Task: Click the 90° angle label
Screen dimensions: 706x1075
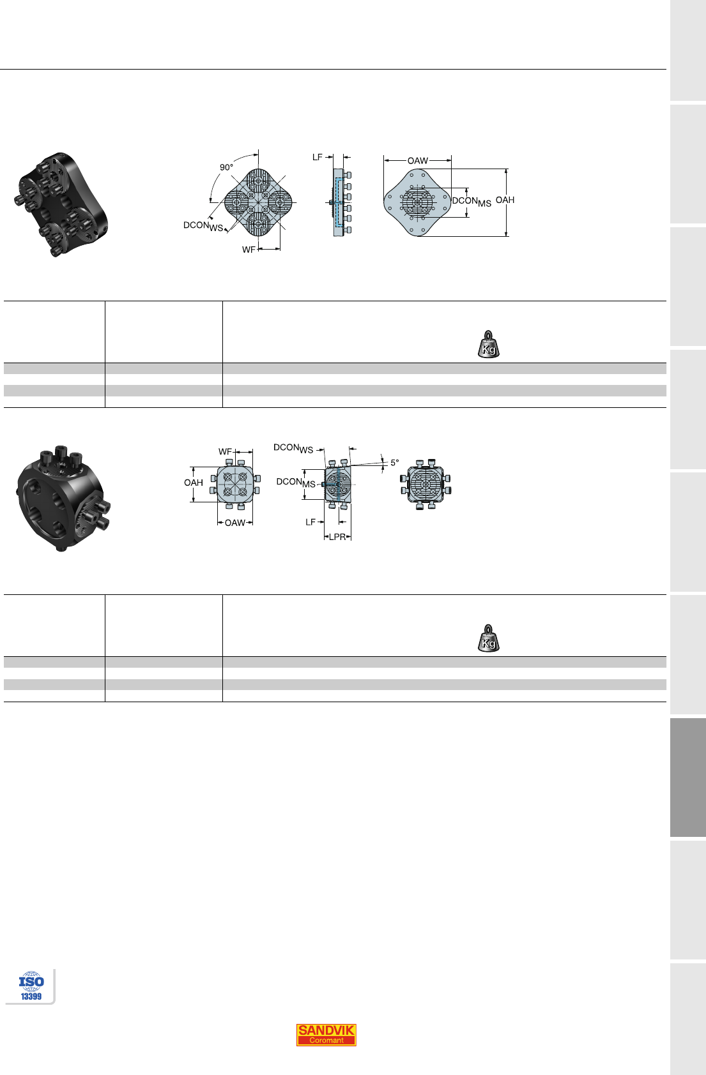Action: pyautogui.click(x=226, y=167)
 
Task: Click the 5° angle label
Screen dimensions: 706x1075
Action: pyautogui.click(x=394, y=463)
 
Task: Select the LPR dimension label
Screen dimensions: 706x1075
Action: pyautogui.click(x=337, y=537)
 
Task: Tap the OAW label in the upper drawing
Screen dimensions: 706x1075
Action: pyautogui.click(x=417, y=161)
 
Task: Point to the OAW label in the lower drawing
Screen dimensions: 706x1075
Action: pyautogui.click(x=235, y=523)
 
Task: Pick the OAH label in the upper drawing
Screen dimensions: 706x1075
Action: pyautogui.click(x=505, y=200)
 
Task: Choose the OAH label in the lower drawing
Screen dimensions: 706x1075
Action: pyautogui.click(x=194, y=483)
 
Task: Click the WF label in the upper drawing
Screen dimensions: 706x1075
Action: pyautogui.click(x=249, y=250)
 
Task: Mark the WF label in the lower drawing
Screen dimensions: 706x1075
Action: pyautogui.click(x=225, y=451)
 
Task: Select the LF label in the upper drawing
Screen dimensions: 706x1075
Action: pyautogui.click(x=317, y=157)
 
